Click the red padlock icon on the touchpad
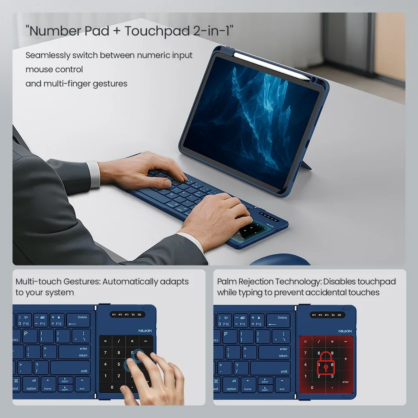(x=326, y=362)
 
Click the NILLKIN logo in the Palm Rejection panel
(x=345, y=331)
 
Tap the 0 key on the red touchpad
(x=312, y=388)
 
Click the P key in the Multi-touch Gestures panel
(x=25, y=334)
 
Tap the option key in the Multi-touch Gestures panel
(x=31, y=385)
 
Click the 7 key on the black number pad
(x=105, y=353)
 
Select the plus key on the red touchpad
(x=345, y=359)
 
